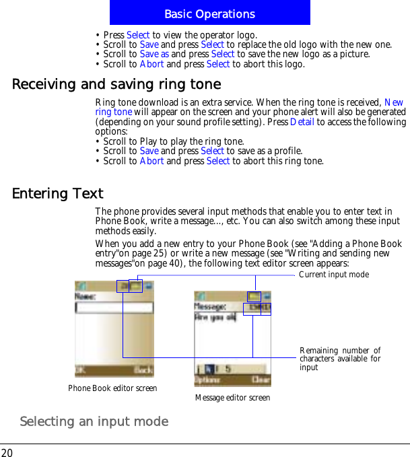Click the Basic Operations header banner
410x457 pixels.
pyautogui.click(x=209, y=13)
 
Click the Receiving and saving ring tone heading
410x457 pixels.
pyautogui.click(x=116, y=85)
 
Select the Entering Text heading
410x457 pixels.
pyautogui.click(x=58, y=194)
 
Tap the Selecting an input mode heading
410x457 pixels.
pyautogui.click(x=94, y=421)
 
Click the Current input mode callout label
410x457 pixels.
pyautogui.click(x=333, y=275)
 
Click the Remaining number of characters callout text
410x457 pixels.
pyautogui.click(x=340, y=359)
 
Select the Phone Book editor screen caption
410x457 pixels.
pyautogui.click(x=112, y=388)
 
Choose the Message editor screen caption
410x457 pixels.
pyautogui.click(x=232, y=398)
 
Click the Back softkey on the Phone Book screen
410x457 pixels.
pyautogui.click(x=143, y=370)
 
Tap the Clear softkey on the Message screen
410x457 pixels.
pyautogui.click(x=261, y=380)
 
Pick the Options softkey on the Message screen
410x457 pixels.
pyautogui.click(x=204, y=380)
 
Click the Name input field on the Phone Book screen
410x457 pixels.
pyautogui.click(x=114, y=308)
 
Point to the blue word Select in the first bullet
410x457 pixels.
pyautogui.click(x=138, y=35)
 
